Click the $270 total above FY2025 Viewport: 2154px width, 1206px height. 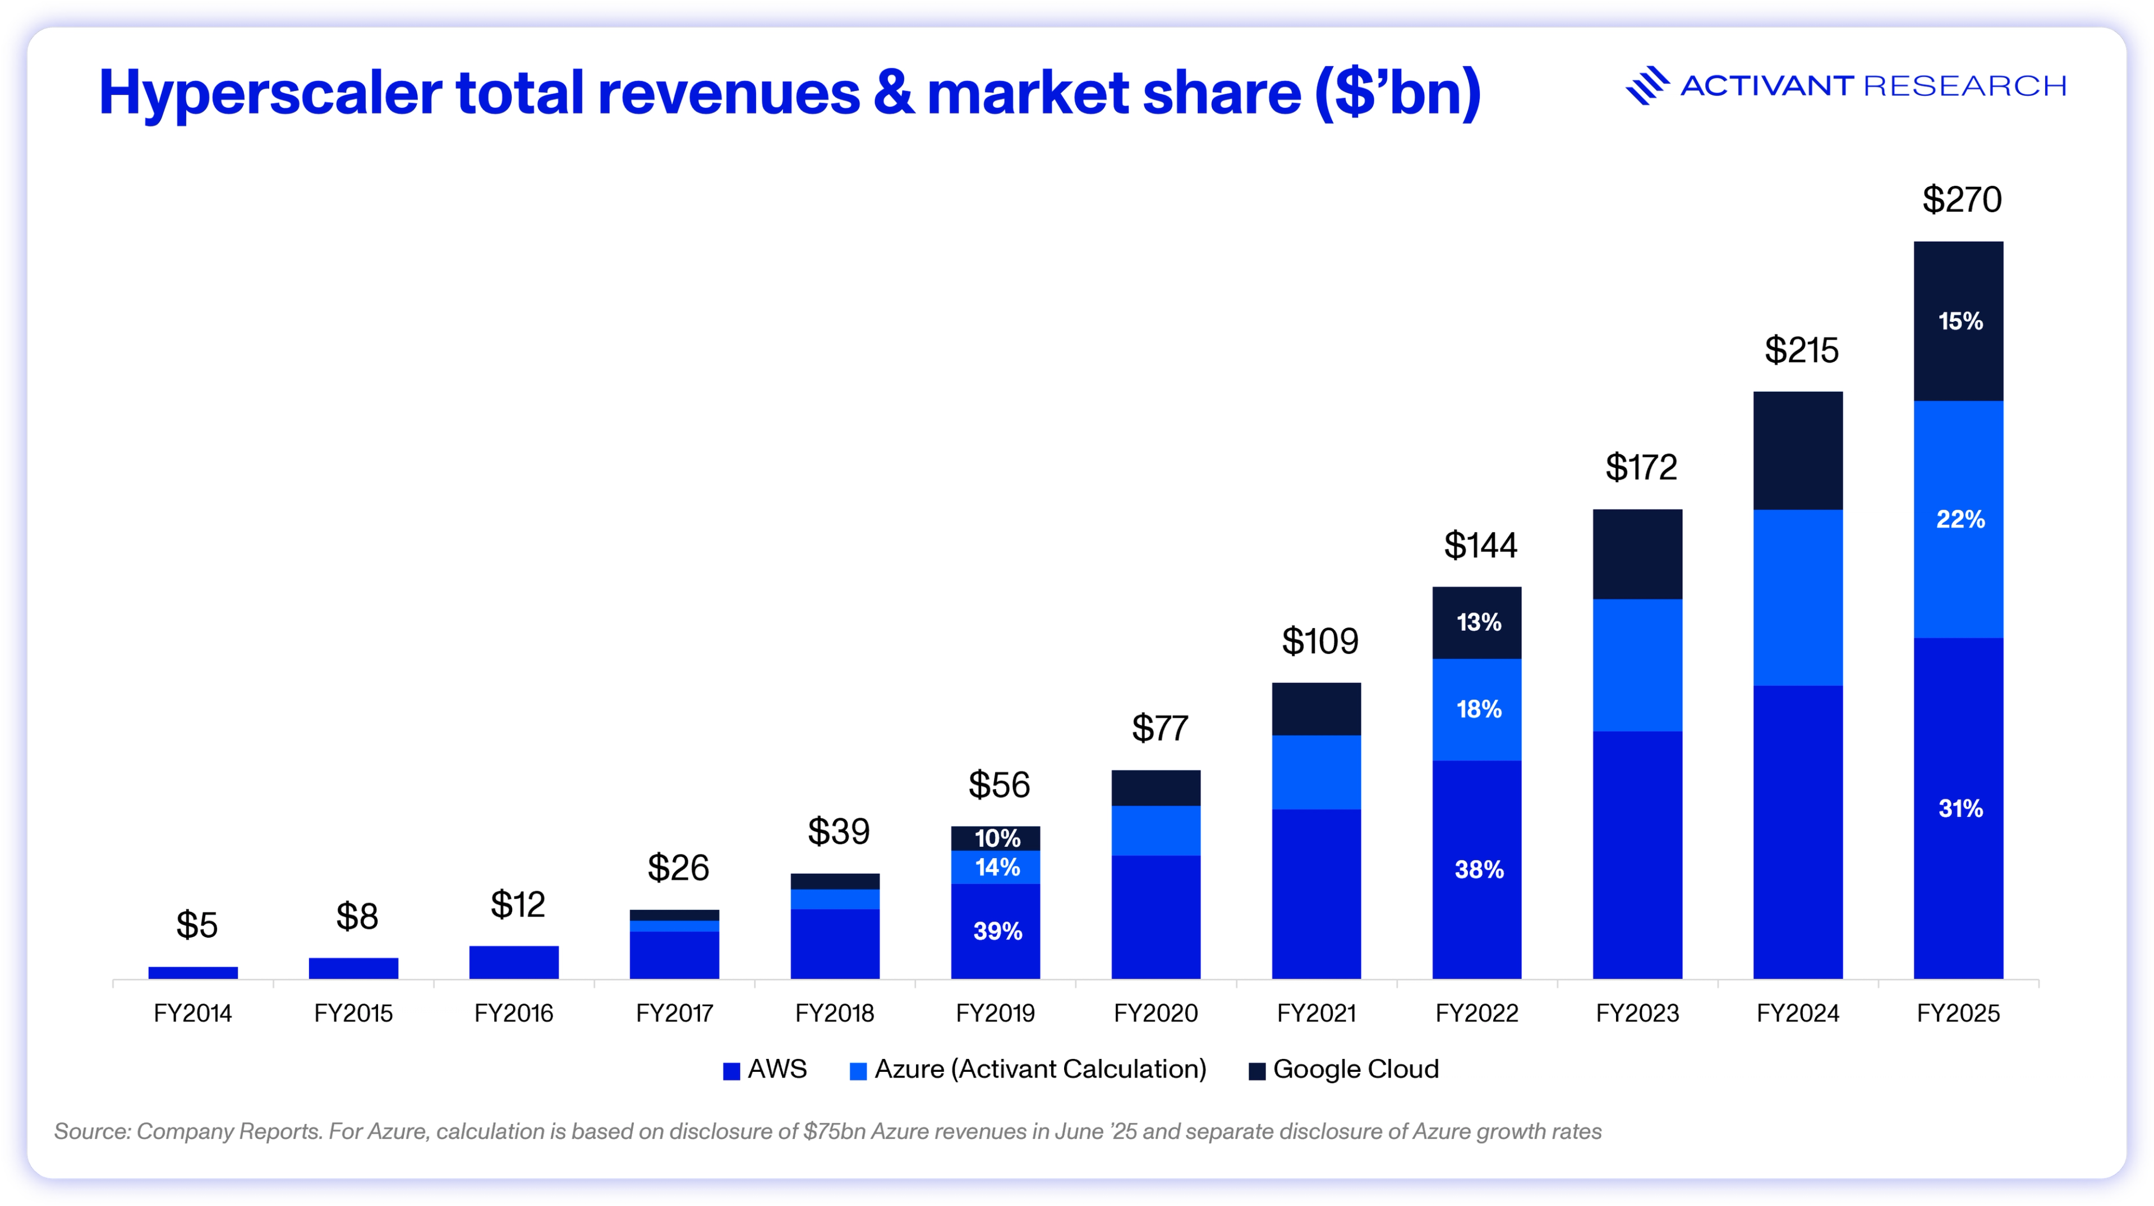[1962, 200]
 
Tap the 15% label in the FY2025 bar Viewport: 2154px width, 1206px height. [1960, 321]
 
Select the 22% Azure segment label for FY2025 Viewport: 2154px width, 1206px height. [1960, 519]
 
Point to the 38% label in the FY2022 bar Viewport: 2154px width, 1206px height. [1479, 870]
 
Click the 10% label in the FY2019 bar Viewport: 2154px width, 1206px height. [997, 838]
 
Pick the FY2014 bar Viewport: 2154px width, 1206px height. [193, 973]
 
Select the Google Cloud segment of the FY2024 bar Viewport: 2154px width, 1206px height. [1798, 451]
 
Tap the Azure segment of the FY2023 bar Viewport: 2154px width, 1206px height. [1637, 665]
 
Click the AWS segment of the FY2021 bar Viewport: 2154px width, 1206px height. [1316, 893]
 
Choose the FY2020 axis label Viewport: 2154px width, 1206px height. [1156, 1014]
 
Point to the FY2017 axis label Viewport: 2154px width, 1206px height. [674, 1014]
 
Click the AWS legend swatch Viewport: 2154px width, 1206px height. [731, 1071]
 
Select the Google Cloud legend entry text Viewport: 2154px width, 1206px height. [1355, 1070]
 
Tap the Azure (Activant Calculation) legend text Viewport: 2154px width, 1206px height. [1040, 1070]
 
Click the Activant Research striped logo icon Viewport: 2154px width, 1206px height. [1646, 85]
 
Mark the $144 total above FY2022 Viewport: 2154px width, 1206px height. [1480, 545]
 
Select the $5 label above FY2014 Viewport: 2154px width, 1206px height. [196, 925]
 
